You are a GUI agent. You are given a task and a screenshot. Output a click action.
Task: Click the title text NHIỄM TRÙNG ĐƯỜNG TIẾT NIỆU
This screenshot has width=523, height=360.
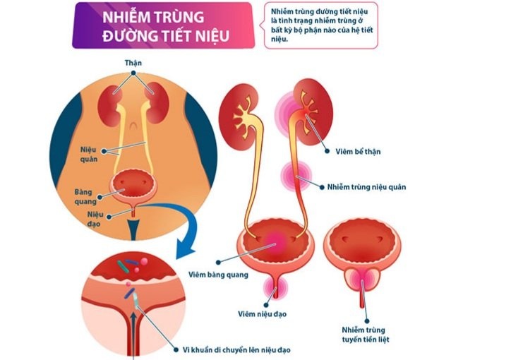click(166, 26)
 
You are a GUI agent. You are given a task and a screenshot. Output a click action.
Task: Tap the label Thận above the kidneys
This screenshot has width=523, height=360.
click(133, 63)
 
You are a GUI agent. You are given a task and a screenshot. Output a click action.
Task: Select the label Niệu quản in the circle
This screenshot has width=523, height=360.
click(89, 154)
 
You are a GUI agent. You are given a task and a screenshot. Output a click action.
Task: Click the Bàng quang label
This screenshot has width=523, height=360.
click(85, 197)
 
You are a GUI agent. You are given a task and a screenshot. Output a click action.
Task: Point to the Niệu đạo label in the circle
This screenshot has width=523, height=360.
click(95, 219)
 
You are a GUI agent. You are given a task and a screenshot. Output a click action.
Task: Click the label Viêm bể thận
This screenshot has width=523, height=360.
click(358, 152)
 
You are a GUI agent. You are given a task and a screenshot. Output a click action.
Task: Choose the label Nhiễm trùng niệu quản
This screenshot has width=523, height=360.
click(366, 187)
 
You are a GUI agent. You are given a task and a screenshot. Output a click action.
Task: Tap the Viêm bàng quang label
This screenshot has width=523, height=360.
click(218, 275)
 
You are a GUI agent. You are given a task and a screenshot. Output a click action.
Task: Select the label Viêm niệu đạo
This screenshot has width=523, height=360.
click(262, 314)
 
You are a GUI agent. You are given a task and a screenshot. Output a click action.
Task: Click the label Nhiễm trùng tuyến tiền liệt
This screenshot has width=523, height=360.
click(366, 335)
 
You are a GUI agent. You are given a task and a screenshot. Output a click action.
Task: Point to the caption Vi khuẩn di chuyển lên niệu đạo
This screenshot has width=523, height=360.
click(236, 350)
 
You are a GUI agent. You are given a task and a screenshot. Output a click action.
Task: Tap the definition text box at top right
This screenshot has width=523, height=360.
click(321, 25)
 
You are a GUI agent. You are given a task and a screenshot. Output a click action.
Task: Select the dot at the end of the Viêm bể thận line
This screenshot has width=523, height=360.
click(327, 151)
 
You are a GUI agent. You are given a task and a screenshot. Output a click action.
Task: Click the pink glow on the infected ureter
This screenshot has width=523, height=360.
click(296, 176)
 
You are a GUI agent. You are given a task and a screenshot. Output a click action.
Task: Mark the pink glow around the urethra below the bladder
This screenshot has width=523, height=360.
click(275, 288)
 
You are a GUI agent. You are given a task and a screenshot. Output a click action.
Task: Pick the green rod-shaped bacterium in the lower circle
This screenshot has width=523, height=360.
click(123, 267)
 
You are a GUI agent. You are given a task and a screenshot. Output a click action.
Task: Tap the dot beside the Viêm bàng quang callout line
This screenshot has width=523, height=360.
click(218, 263)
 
